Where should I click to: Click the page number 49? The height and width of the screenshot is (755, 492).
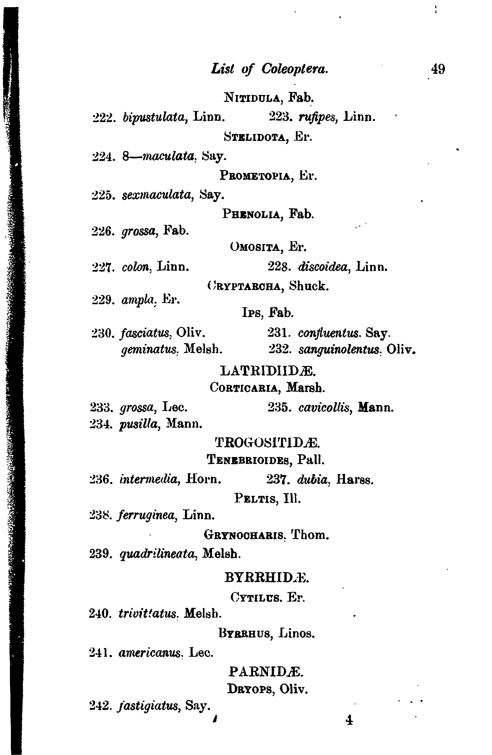click(x=437, y=69)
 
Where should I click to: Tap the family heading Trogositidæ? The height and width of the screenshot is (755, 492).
click(x=268, y=442)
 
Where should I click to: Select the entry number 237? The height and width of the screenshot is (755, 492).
click(x=277, y=480)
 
